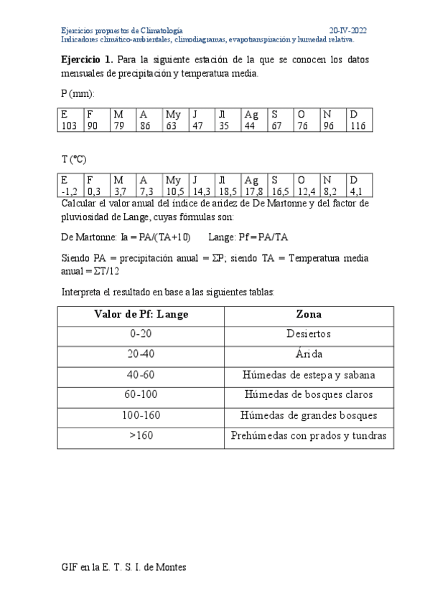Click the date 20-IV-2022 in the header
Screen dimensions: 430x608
point(348,31)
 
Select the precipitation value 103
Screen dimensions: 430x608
point(69,125)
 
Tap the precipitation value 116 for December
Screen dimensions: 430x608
point(357,125)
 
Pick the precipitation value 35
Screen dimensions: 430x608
point(224,125)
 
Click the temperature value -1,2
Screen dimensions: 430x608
point(69,192)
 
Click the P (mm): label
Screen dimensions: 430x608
point(78,94)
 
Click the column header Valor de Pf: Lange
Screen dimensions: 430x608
point(141,314)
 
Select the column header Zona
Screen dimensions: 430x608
point(309,314)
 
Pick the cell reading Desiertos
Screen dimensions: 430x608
point(309,333)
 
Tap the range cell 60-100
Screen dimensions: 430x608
point(141,395)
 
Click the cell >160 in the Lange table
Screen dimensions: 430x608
point(141,436)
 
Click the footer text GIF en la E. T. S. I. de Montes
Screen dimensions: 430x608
point(123,567)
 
